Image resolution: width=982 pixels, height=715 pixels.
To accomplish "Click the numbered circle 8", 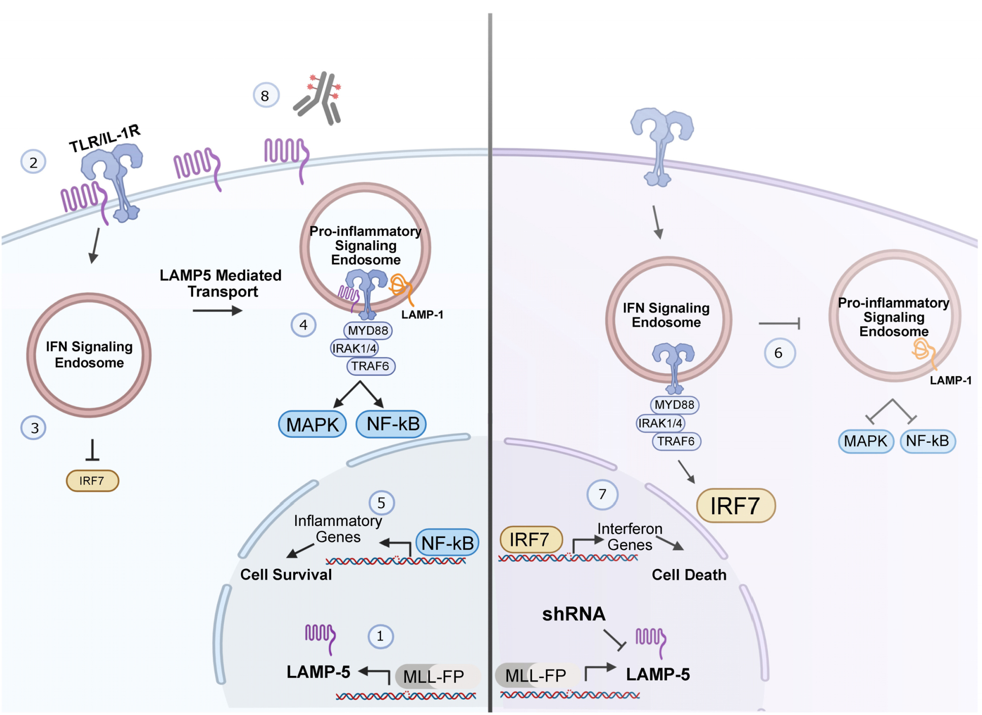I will coord(265,96).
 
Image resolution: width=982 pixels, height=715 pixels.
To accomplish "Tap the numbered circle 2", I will coord(33,162).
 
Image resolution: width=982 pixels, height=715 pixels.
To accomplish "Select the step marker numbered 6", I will coord(779,353).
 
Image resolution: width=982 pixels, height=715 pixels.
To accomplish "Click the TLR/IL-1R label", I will coord(104,138).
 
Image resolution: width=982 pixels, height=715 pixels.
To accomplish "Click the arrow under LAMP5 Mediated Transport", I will coord(217,310).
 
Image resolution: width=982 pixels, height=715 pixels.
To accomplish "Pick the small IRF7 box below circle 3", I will coord(92,481).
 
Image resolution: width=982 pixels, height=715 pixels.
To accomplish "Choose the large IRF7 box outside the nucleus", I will coord(735,506).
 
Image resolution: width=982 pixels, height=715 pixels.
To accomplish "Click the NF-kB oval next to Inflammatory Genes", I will coord(447,543).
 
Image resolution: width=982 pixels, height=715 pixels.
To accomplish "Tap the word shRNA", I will coord(574,614).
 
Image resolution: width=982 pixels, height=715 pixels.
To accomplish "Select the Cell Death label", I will coord(689,575).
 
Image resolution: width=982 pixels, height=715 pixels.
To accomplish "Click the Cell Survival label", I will coord(286,575).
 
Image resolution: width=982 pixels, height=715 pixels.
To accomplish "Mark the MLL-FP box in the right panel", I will coord(536,675).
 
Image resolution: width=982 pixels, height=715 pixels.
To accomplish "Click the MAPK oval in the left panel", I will coord(312,424).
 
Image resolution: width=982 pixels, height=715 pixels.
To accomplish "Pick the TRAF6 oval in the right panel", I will coord(676,441).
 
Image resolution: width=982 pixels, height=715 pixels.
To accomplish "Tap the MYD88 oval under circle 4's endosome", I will coord(368,331).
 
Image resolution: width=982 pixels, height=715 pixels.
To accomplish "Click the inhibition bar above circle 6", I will coord(779,323).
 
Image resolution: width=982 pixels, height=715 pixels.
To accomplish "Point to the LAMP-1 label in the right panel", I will coord(951,380).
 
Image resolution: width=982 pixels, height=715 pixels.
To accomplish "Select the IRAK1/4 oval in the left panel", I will coord(355,348).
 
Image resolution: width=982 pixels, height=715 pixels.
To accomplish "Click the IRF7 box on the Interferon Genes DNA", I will coord(531,540).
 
